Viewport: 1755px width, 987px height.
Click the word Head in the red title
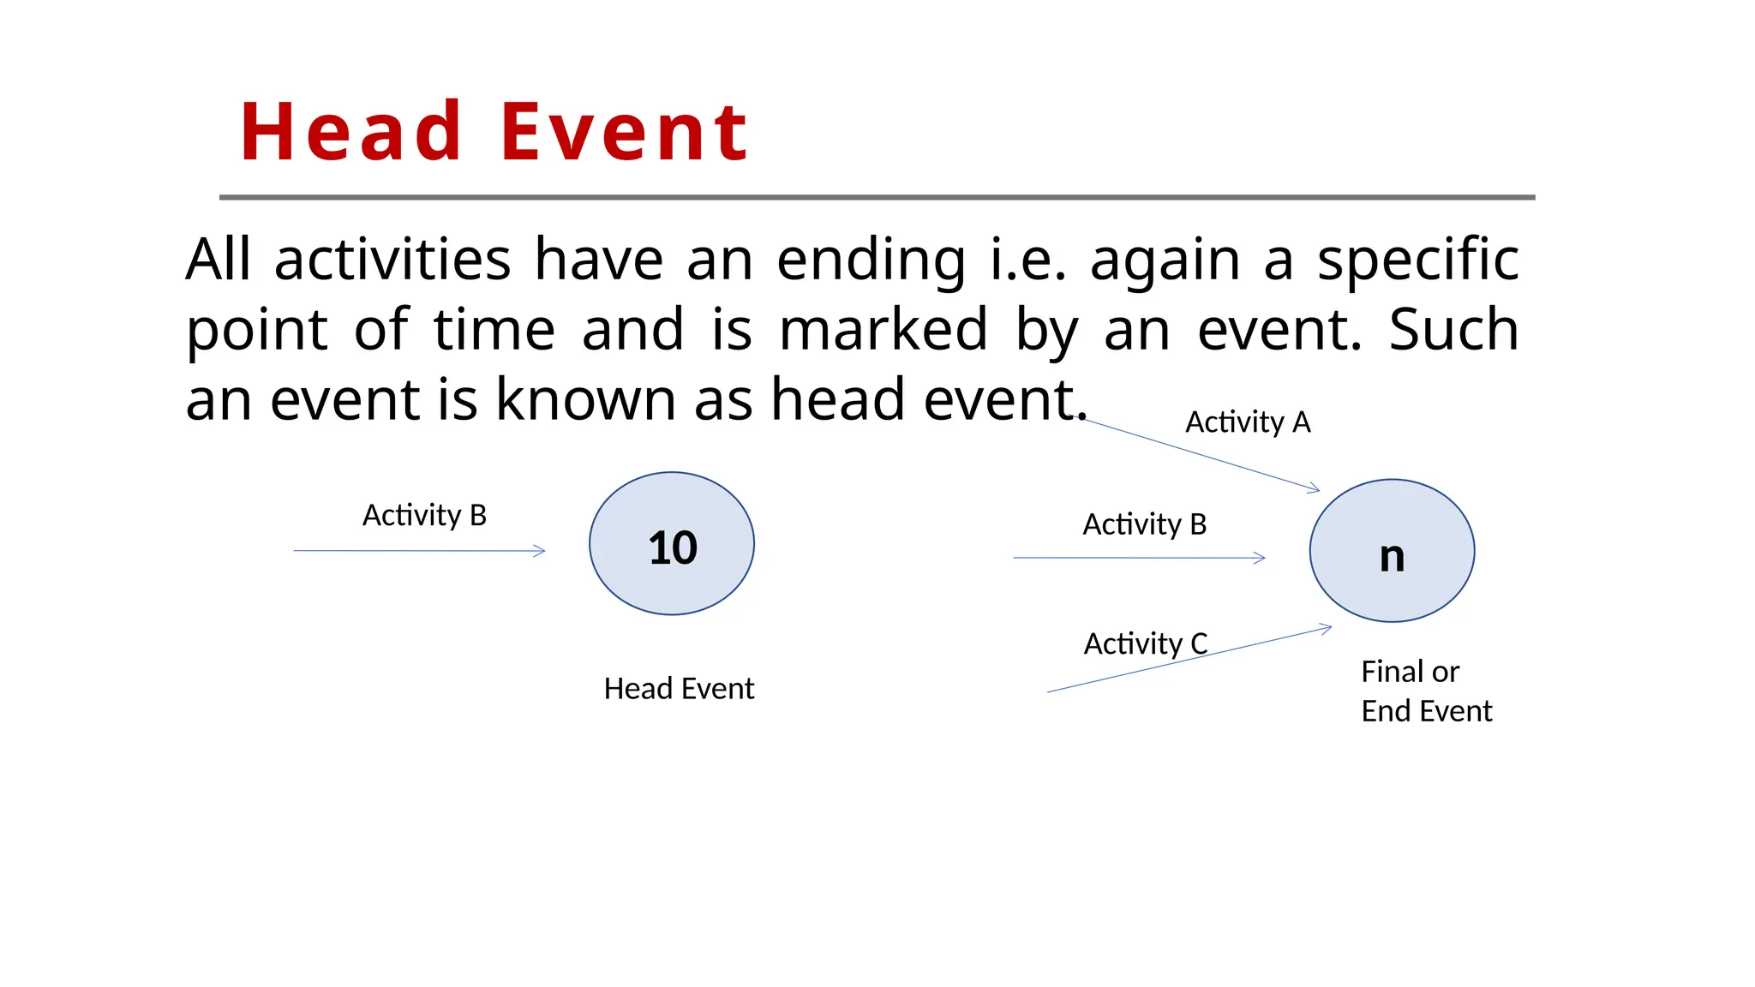[x=351, y=133]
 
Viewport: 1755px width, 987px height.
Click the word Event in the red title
[x=625, y=133]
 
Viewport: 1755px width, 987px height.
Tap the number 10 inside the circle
[x=673, y=547]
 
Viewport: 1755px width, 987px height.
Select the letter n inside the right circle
[x=1392, y=557]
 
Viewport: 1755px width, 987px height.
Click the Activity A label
[x=1248, y=422]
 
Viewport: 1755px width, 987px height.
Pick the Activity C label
[x=1146, y=643]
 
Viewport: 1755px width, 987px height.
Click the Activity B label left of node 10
[x=424, y=516]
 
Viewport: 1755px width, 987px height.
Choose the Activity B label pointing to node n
[x=1145, y=524]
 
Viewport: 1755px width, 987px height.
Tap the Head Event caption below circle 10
[x=679, y=689]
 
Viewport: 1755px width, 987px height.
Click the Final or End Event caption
[x=1426, y=691]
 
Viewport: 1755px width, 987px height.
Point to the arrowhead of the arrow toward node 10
[x=541, y=551]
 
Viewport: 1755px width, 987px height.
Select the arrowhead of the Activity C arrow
[x=1327, y=628]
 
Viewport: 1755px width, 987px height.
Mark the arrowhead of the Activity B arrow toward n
[x=1261, y=558]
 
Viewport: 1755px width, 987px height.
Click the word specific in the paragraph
[x=1418, y=260]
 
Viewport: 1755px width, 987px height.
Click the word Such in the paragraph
[x=1453, y=330]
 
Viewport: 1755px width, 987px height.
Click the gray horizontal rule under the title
[x=877, y=197]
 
